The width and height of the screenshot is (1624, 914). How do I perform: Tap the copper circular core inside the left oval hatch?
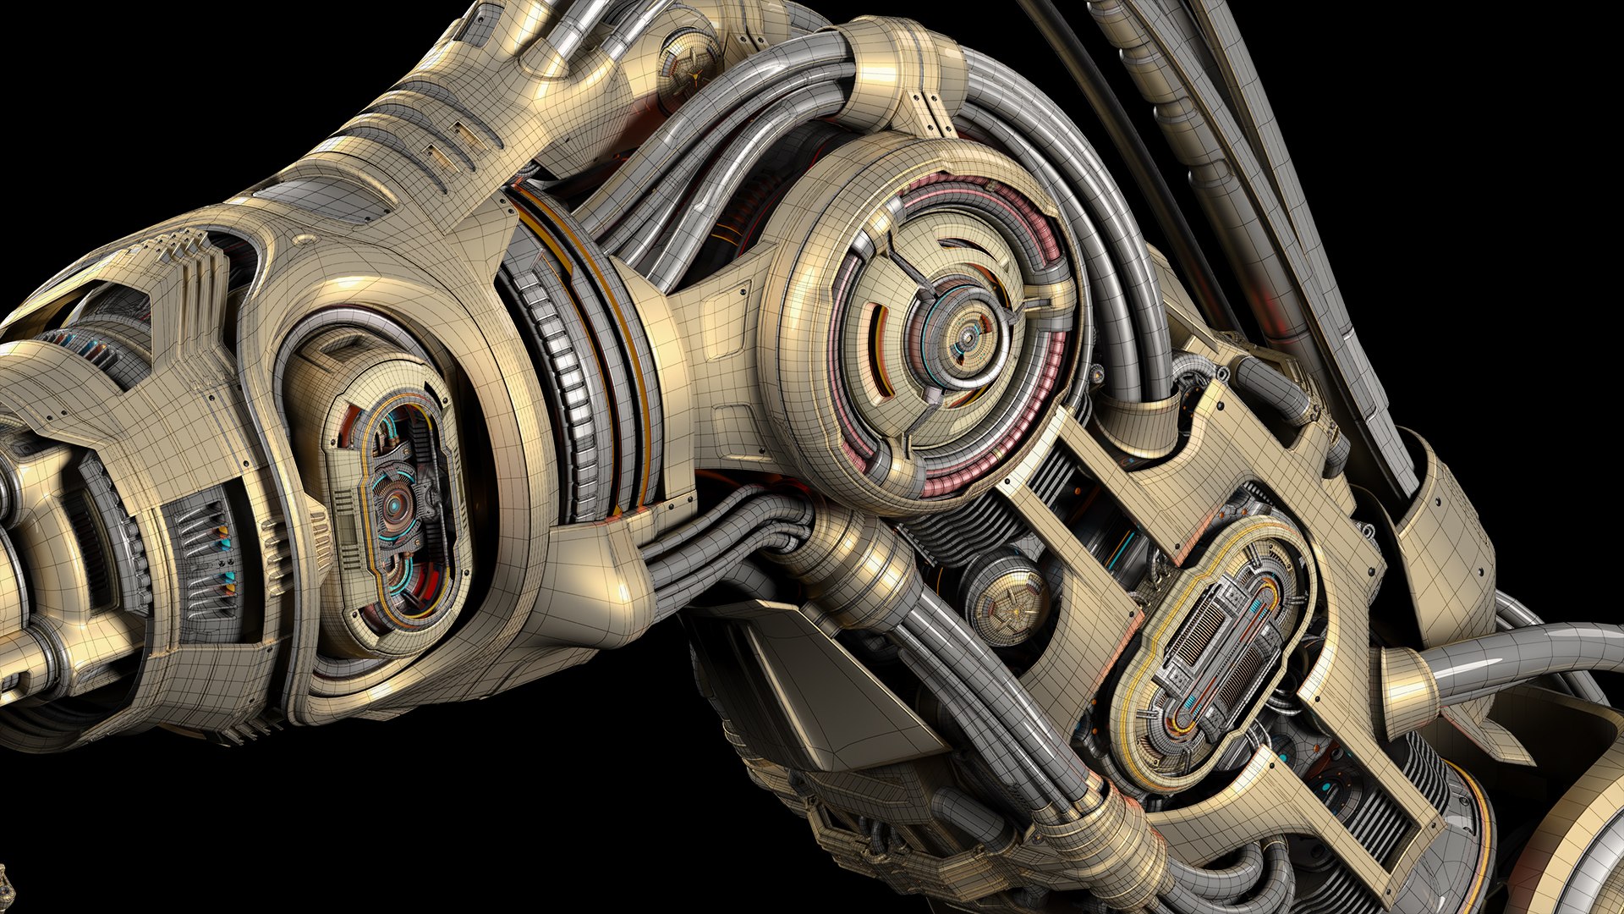click(x=394, y=506)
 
